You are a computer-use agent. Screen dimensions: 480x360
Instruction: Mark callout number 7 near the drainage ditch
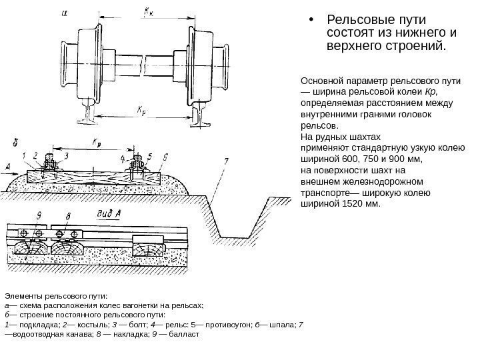click(225, 161)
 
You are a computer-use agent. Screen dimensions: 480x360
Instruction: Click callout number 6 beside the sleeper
click(165, 156)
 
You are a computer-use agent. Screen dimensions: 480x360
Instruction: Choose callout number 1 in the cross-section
click(25, 155)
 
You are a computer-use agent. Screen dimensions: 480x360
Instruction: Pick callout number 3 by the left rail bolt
click(65, 156)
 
